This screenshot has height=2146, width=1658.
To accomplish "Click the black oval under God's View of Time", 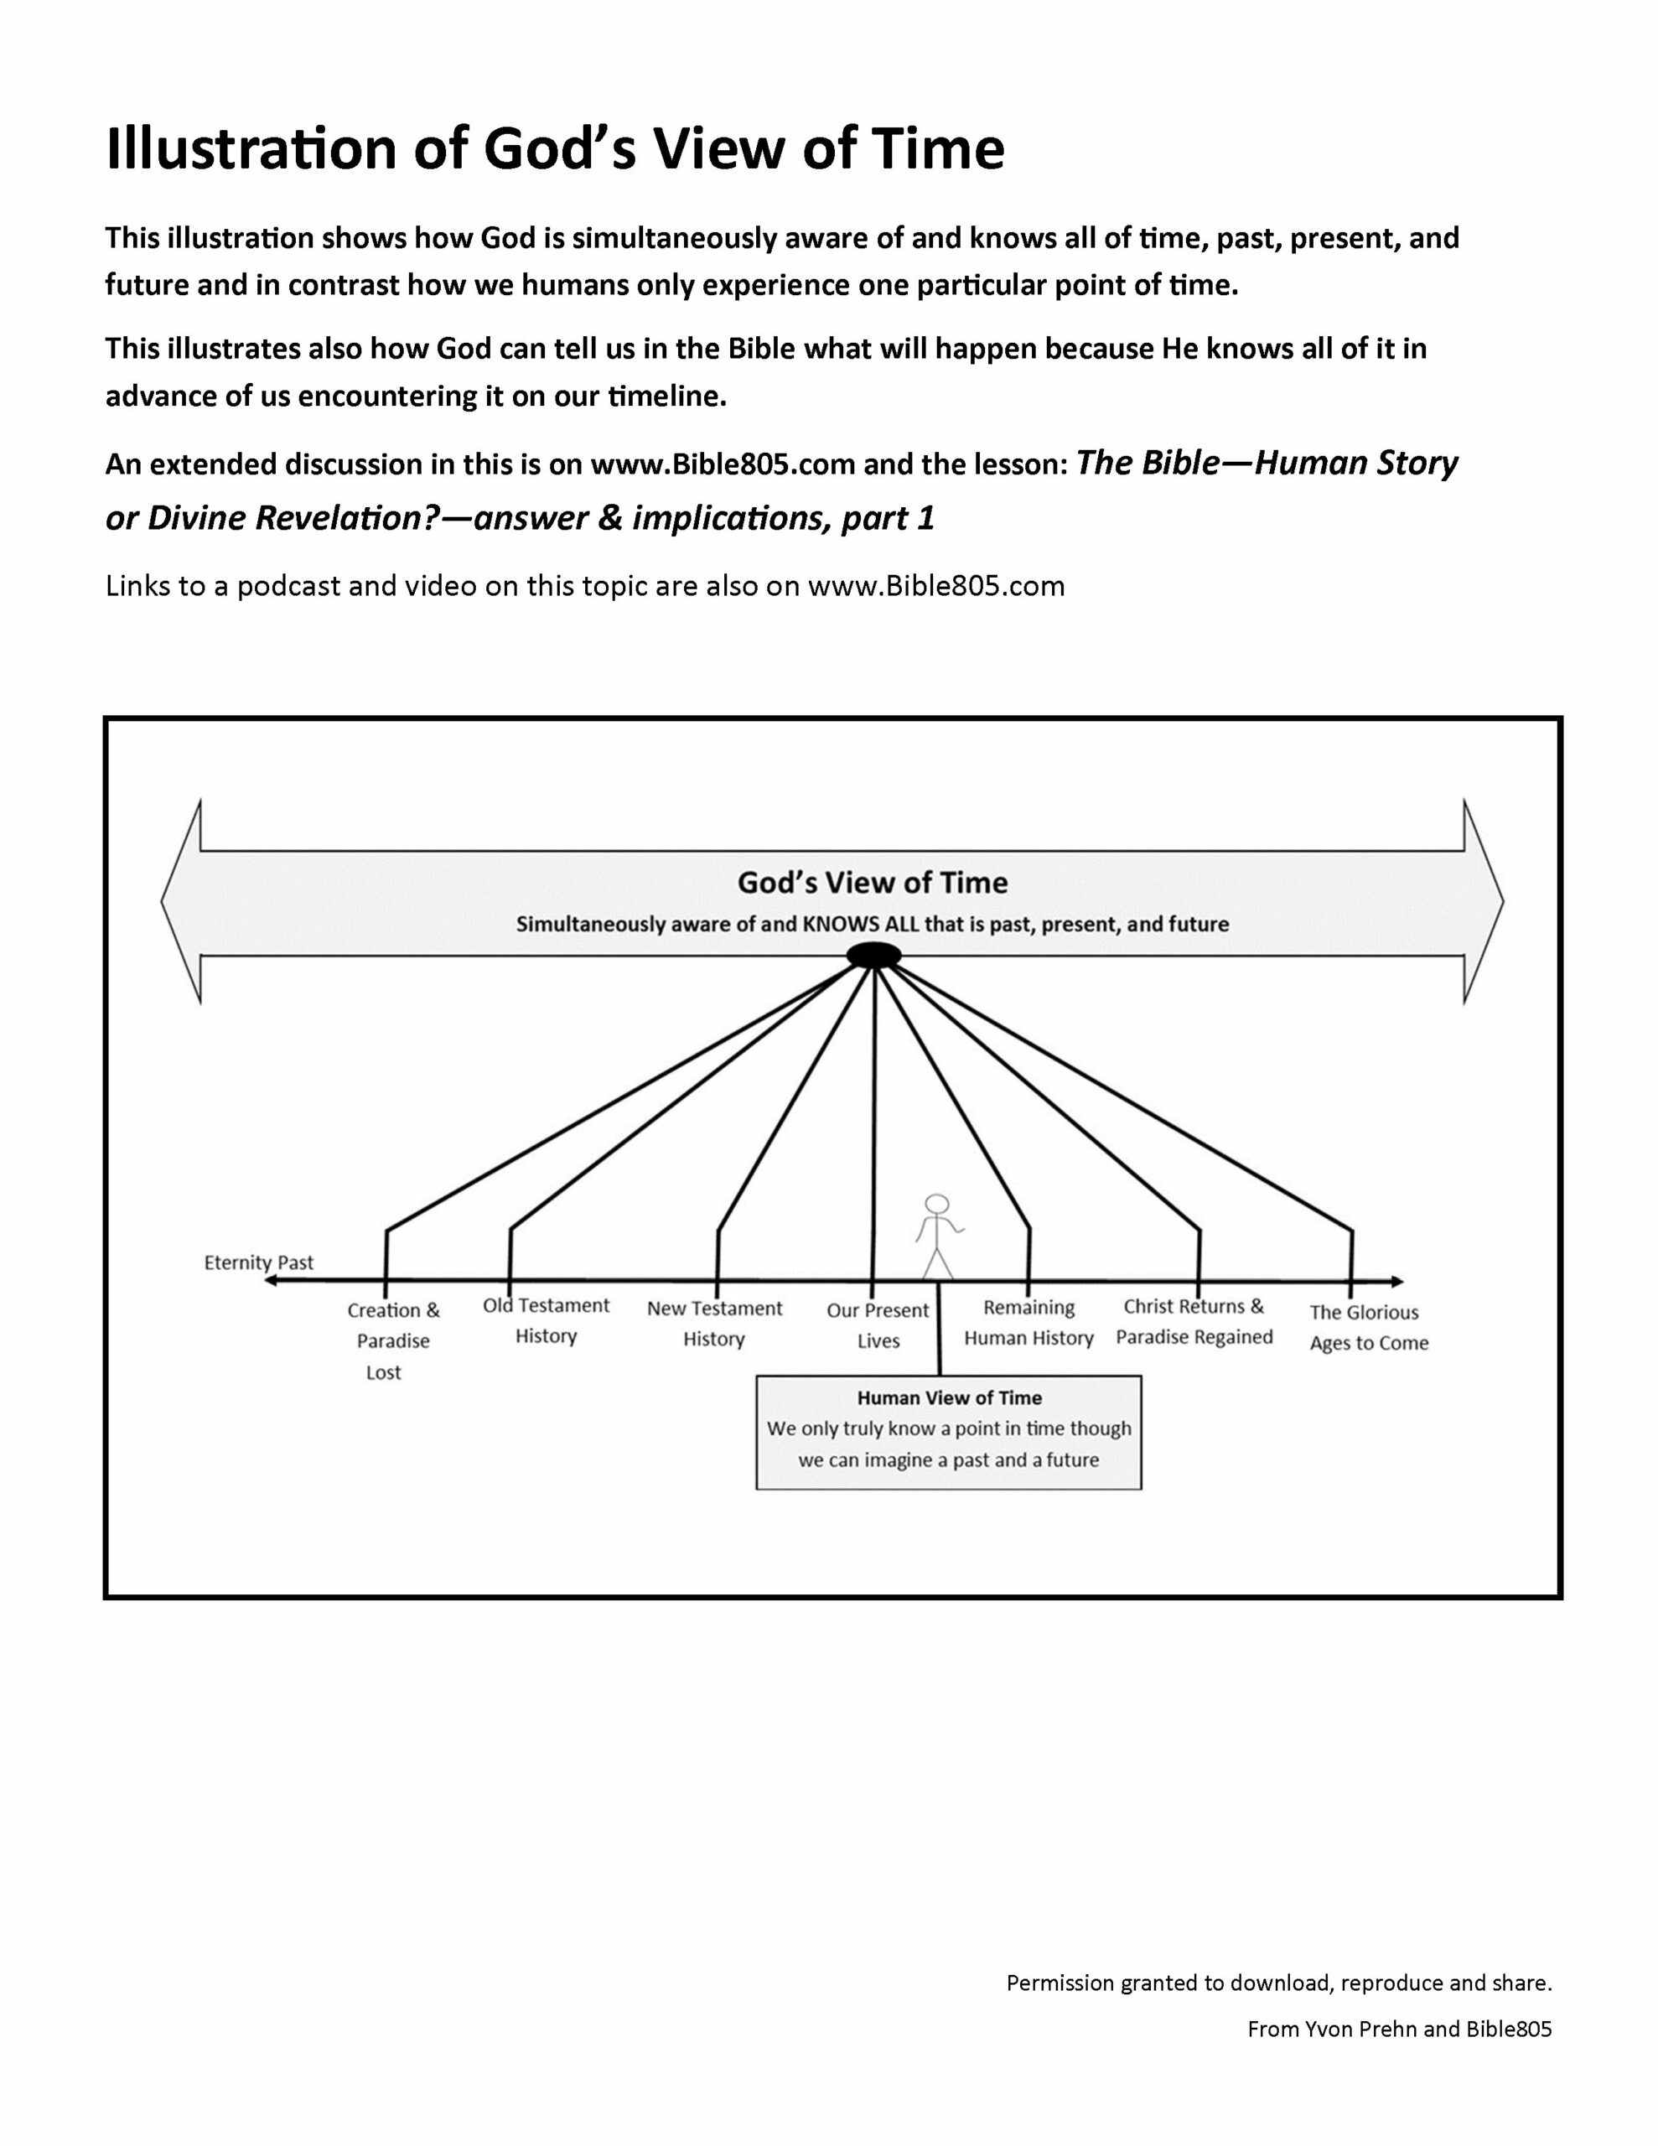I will [873, 955].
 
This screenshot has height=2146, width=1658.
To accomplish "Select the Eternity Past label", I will [258, 1262].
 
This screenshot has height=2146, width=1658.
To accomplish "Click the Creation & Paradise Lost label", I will [392, 1340].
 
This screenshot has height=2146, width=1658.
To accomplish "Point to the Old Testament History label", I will [547, 1319].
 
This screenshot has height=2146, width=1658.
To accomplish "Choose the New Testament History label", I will [714, 1323].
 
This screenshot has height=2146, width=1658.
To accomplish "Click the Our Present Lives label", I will [878, 1324].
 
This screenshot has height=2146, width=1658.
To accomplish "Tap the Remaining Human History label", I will [1029, 1322].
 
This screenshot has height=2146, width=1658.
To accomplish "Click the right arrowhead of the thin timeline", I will [1396, 1281].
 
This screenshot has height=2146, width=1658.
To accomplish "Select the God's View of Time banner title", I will [873, 883].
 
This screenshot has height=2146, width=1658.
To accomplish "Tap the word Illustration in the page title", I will [251, 149].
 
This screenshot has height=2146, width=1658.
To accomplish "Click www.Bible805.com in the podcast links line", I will [935, 587].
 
